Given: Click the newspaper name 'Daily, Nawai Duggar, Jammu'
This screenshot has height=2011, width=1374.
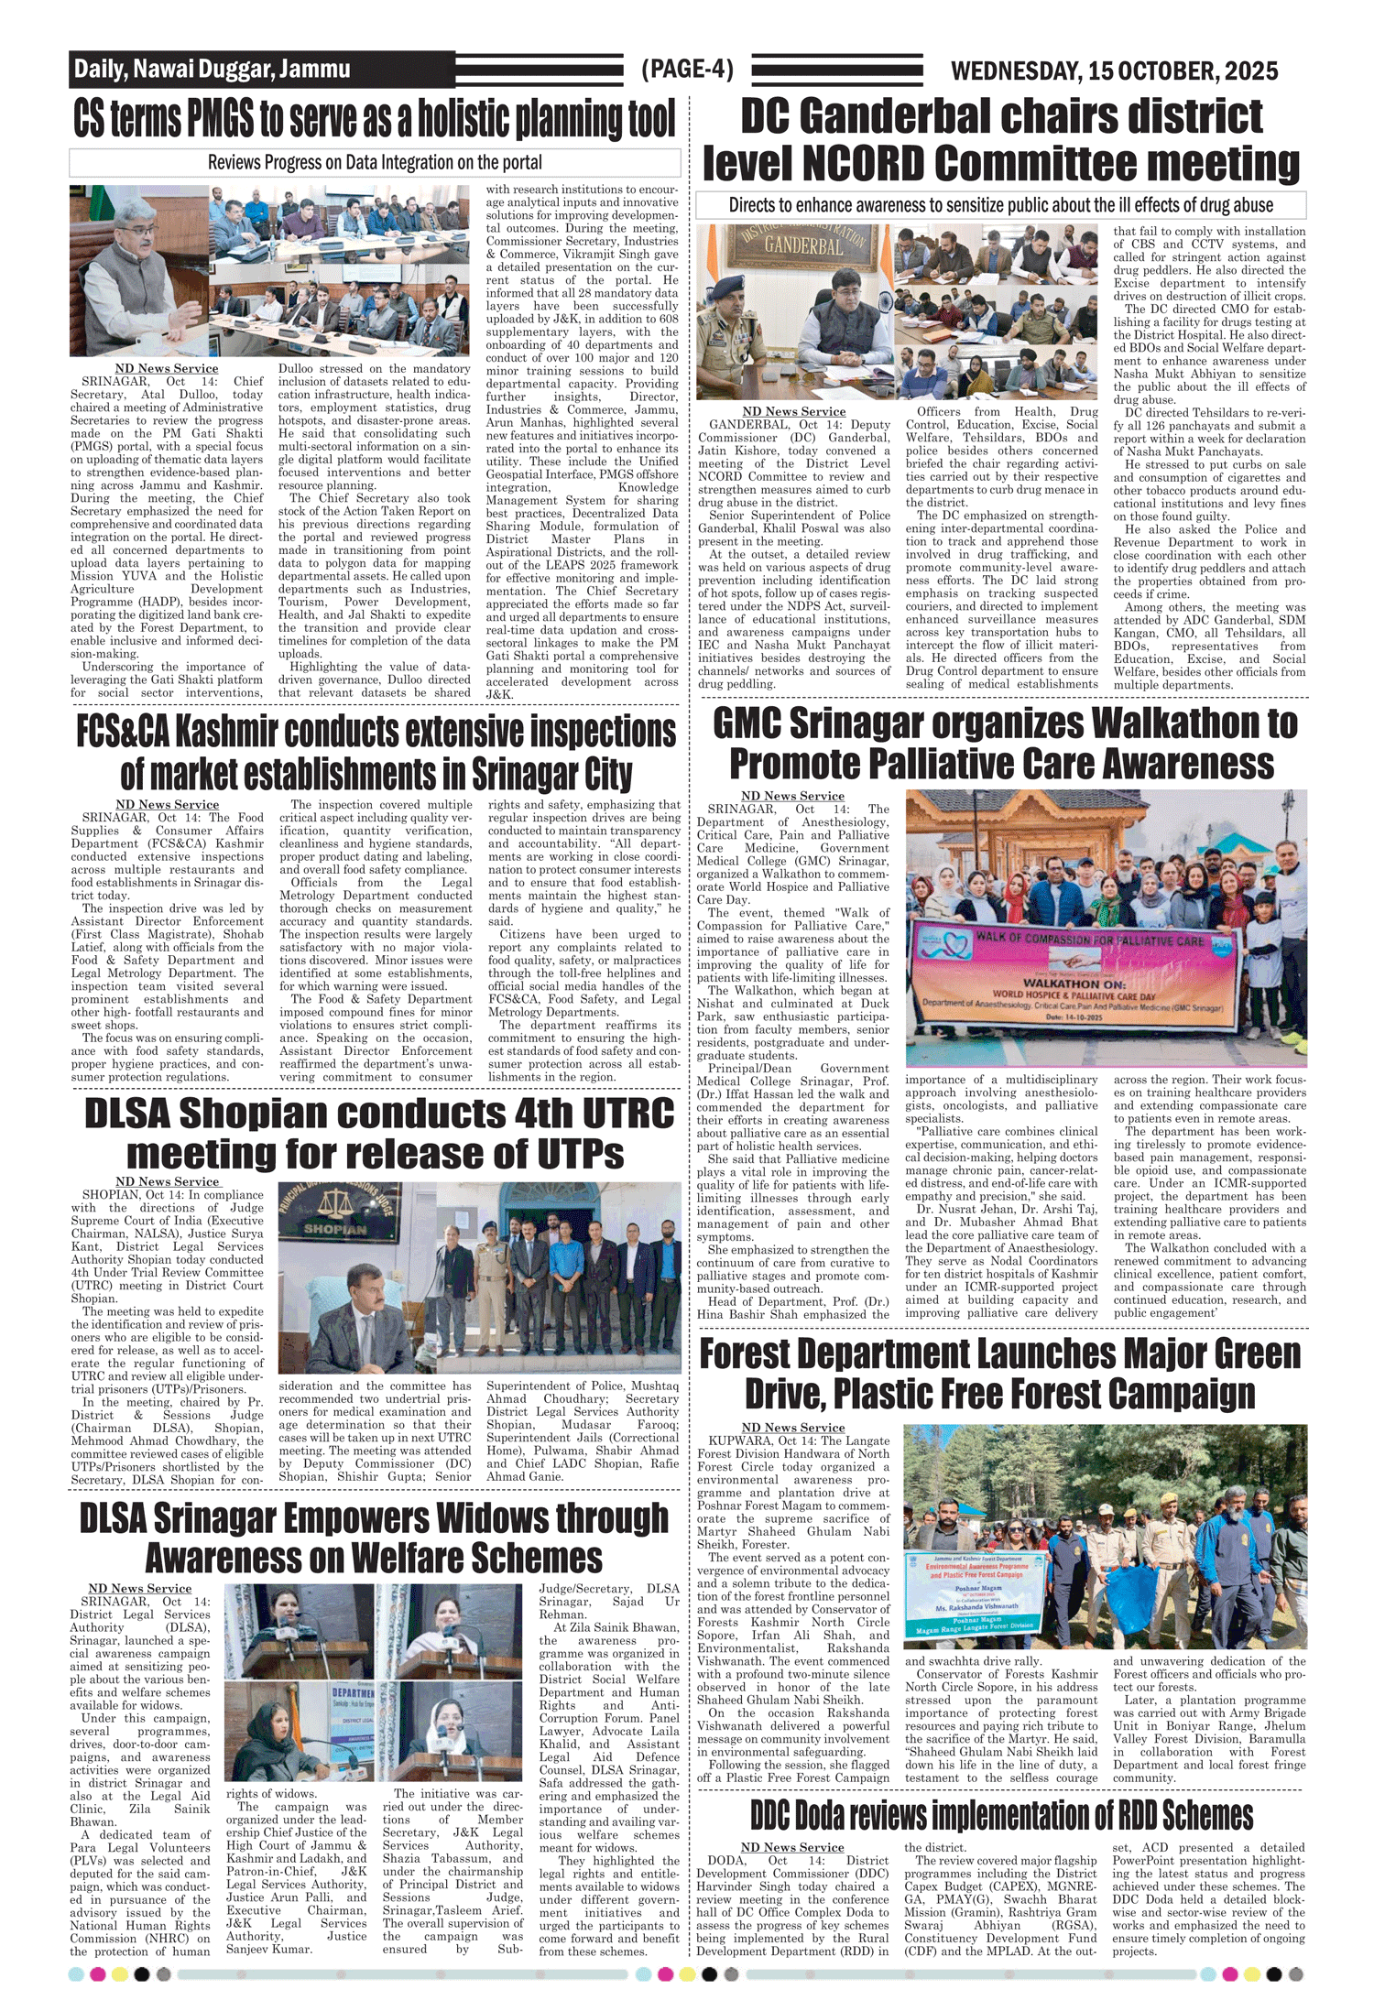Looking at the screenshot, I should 212,69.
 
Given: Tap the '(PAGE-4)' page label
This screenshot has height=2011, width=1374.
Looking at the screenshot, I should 687,69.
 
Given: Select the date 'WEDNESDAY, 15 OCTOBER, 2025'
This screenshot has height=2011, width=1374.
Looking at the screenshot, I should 1114,71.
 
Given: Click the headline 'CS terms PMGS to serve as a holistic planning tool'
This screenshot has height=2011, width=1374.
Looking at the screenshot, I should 375,120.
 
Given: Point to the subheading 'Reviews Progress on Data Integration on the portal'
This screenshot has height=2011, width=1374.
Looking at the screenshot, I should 375,163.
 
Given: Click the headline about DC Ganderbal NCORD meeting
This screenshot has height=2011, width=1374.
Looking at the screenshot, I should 1001,140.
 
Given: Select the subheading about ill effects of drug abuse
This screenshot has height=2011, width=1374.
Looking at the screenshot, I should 1000,205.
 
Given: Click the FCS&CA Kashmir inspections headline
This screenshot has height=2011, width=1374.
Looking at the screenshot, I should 376,752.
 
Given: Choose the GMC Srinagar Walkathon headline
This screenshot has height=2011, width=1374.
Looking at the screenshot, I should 1004,743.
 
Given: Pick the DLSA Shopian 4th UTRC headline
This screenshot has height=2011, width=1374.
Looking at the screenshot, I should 377,1133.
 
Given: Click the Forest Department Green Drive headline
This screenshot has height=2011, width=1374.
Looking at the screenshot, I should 1000,1374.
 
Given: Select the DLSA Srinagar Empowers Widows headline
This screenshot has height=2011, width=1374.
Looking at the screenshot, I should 374,1538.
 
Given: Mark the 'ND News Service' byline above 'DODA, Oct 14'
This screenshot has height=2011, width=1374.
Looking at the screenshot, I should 792,1847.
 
